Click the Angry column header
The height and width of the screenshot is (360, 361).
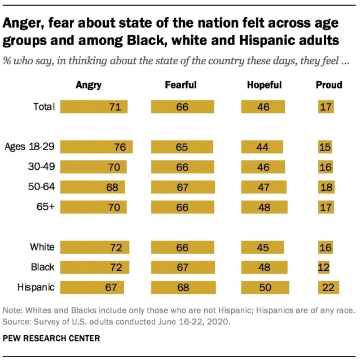[x=89, y=85]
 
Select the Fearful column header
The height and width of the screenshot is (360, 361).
[x=180, y=85]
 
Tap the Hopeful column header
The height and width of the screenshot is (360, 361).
[x=264, y=85]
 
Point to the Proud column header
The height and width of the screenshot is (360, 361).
[x=329, y=85]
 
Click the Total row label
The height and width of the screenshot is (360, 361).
[x=44, y=107]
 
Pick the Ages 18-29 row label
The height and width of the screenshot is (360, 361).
[x=29, y=147]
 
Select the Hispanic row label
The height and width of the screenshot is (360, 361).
[x=36, y=287]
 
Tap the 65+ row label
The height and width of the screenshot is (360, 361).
[x=45, y=207]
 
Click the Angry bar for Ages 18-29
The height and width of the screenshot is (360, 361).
[x=96, y=148]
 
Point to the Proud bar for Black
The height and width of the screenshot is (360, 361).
[x=324, y=267]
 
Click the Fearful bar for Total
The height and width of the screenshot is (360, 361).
[x=183, y=107]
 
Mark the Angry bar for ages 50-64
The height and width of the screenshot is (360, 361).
[x=93, y=187]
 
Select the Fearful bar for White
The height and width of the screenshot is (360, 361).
[x=183, y=247]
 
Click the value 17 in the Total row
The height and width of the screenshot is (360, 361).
[x=325, y=107]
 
